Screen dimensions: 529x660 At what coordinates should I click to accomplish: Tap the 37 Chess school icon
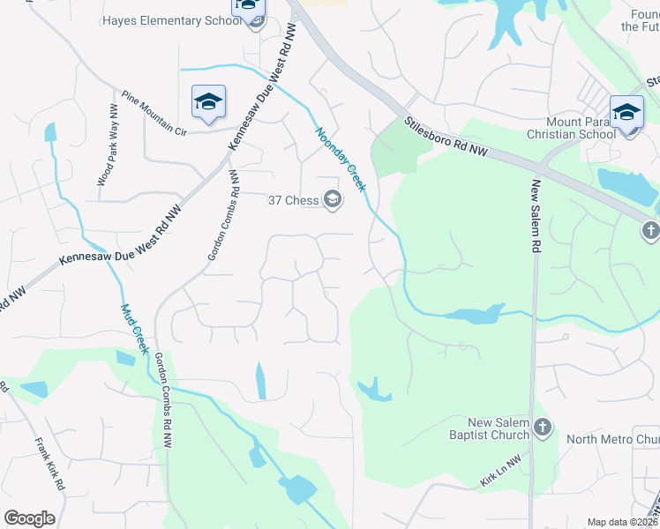[x=333, y=200]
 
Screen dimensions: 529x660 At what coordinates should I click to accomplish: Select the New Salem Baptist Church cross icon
[x=542, y=428]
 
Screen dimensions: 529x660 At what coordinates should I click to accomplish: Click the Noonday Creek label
[x=341, y=159]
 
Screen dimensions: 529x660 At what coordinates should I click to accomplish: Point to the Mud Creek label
[x=134, y=328]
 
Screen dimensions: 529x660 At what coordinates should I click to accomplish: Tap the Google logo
[x=29, y=518]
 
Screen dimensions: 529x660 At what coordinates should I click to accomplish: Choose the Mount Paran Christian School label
[x=570, y=128]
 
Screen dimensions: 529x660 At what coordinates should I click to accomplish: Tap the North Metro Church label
[x=612, y=439]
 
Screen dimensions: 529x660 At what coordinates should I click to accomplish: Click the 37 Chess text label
[x=293, y=200]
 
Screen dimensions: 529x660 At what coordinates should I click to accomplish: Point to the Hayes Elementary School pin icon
[x=249, y=9]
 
